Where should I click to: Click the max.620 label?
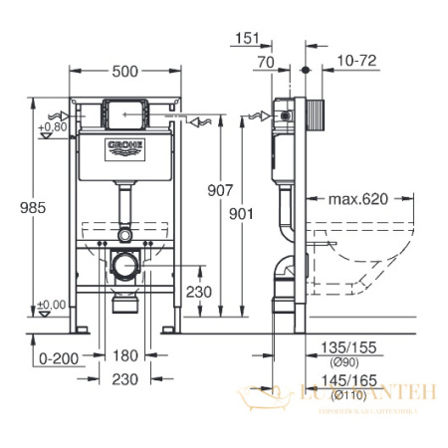click(355, 200)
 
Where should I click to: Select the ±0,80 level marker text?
click(51, 127)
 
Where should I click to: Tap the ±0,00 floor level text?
click(51, 305)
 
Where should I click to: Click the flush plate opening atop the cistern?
click(125, 112)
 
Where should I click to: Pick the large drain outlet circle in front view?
click(125, 268)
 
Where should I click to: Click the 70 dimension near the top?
click(266, 62)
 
